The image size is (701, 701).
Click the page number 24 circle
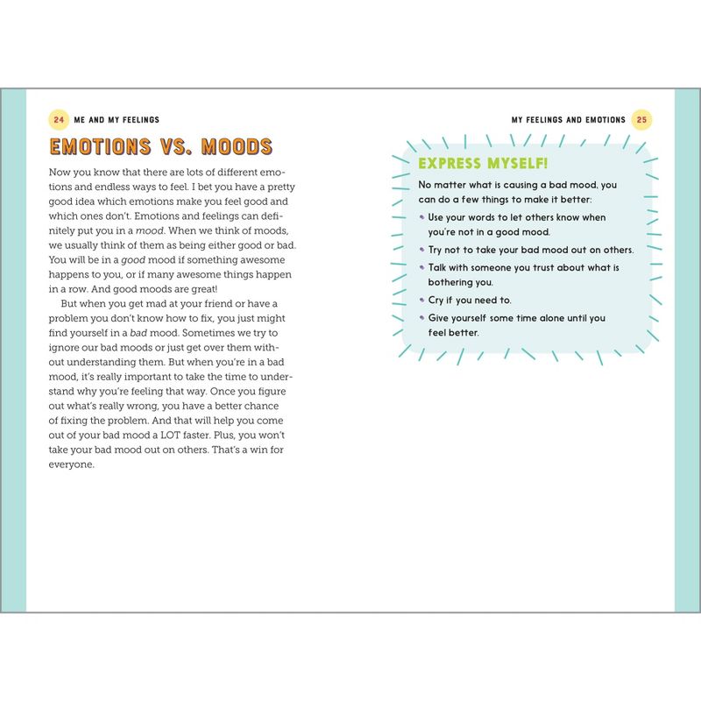pos(59,119)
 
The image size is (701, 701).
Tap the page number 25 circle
pos(641,119)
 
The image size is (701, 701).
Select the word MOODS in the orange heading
pos(237,146)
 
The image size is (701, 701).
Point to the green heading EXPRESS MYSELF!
pos(484,164)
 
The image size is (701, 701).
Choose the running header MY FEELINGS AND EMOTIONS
pos(569,119)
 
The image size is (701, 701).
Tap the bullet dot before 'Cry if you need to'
pos(421,300)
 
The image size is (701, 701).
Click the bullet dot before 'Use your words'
pos(421,216)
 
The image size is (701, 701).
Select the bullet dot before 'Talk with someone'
pos(421,267)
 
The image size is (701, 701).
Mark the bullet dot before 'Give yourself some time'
pos(421,317)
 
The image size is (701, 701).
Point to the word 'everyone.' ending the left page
pos(71,464)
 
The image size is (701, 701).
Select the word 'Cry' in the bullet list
pos(437,301)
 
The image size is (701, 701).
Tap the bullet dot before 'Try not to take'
pos(421,250)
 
